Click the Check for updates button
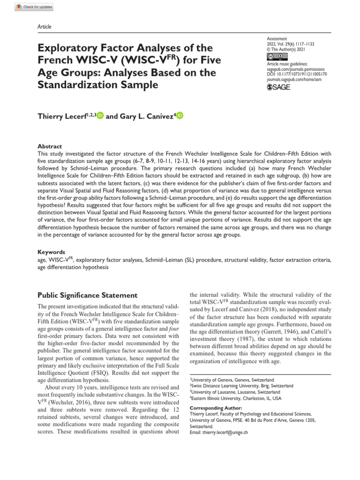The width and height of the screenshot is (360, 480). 35,7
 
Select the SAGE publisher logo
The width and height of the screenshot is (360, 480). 278,87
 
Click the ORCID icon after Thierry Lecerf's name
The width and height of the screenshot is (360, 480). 100,116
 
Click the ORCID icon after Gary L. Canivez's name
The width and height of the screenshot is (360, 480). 180,116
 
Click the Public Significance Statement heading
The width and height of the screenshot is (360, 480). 87,295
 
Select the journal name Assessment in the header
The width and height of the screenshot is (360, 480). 277,38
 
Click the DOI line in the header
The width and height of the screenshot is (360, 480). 296,74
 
